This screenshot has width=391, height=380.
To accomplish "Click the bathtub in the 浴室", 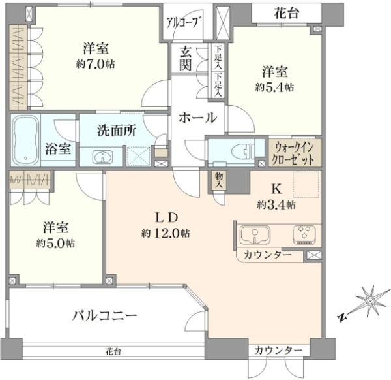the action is (x=25, y=140).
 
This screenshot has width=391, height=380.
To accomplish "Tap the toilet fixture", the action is (x=243, y=151).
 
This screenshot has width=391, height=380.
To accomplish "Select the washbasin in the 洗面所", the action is (x=103, y=157).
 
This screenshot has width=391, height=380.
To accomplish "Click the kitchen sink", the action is (x=255, y=236).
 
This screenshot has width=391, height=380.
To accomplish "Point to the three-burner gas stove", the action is (x=304, y=234).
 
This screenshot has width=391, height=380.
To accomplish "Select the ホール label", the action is (x=197, y=117).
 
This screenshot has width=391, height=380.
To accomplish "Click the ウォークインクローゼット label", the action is (x=293, y=153).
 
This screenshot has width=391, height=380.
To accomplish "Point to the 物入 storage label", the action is (x=219, y=180).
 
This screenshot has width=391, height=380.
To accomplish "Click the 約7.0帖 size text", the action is (x=96, y=65).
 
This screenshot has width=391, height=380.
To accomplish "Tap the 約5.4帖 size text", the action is (x=274, y=87).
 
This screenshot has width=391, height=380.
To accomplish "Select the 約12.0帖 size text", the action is (x=166, y=233).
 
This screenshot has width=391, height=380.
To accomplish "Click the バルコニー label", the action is (x=105, y=315).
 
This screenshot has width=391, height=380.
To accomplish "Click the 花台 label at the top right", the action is (x=287, y=13).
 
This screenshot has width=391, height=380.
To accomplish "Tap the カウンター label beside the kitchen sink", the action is (x=268, y=255).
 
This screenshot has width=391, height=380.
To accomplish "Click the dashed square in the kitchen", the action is (x=306, y=185).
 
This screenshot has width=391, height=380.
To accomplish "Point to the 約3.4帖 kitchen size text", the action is (x=276, y=205).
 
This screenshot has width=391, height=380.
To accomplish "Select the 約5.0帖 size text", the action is (x=55, y=243).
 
